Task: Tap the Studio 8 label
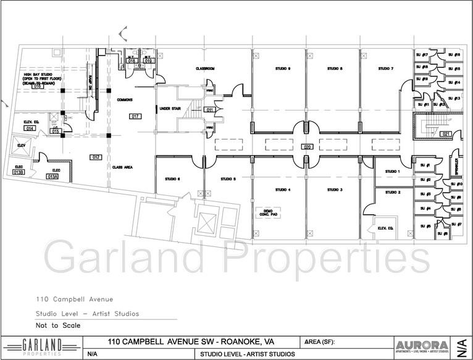335,68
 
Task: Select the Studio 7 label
386,68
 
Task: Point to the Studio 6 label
172,179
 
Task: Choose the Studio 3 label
335,190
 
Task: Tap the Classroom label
204,69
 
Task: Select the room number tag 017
136,116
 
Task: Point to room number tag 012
96,157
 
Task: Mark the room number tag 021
446,133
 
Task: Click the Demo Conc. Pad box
268,212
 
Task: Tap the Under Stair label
169,109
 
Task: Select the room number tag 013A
53,176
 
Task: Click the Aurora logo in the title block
422,345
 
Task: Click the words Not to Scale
58,325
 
